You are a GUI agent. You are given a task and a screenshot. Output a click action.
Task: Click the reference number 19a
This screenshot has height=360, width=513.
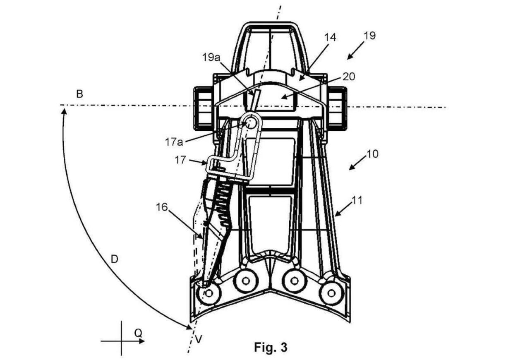pos(211,57)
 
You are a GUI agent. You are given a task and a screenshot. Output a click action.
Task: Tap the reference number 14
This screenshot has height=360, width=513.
pos(330,37)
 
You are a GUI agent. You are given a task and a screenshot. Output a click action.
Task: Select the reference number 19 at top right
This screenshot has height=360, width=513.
pos(369,35)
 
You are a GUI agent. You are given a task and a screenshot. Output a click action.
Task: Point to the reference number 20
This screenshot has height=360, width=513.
pos(349,77)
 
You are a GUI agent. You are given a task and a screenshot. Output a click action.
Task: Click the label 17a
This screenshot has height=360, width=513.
pos(174,142)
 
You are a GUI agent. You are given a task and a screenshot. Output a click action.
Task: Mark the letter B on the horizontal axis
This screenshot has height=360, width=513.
pos(79,94)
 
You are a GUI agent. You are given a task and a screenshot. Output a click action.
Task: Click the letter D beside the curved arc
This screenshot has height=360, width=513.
pos(115,259)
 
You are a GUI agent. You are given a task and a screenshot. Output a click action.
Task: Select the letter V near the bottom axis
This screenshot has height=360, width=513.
pos(199,339)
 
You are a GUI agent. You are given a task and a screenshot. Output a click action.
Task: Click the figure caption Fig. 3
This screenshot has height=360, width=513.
pos(271,347)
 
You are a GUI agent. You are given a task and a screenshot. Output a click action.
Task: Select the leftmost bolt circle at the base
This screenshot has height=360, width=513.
pos(209,293)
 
